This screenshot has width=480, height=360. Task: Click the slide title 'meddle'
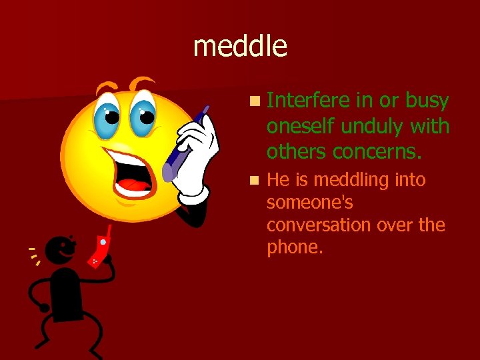pos(240,46)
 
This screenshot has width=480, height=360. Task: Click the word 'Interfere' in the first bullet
pos(308,101)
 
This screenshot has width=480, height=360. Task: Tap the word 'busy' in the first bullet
pos(427,101)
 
